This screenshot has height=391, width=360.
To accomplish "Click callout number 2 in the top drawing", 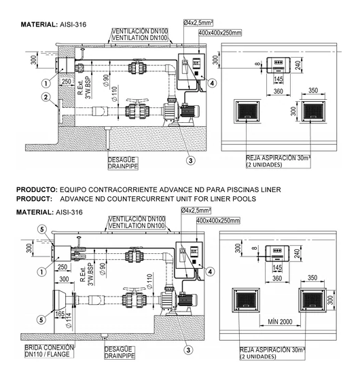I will tap(45, 98).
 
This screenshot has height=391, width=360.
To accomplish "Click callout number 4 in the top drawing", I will tap(212, 83).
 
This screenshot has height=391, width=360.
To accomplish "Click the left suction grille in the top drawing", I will tap(247, 111).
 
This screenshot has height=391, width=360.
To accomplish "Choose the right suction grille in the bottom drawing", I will tap(314, 299).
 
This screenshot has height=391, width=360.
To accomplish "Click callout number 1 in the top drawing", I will tap(45, 84).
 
